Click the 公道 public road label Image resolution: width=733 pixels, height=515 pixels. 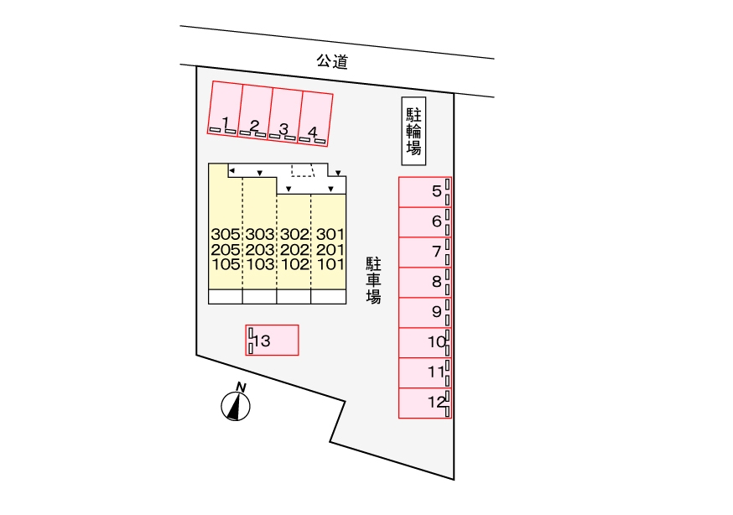coord(332,61)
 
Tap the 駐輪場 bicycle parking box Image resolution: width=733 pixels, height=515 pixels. coord(413,132)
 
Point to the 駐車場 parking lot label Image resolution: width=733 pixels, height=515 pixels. coord(373,281)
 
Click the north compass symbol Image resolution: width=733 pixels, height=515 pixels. coord(236,403)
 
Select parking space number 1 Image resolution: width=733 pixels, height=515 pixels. coord(225,107)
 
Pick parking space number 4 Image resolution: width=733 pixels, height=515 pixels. coord(315,119)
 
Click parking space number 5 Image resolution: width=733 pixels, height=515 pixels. coord(425,191)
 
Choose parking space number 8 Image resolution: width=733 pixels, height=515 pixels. coord(425,283)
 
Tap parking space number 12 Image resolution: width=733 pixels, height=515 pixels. coord(425,403)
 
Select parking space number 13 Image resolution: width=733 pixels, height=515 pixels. coord(272,341)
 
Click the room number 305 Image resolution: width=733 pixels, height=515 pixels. coord(226,234)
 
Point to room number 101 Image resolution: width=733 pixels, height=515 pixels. coord(330,264)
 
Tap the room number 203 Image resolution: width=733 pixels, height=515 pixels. coord(260,250)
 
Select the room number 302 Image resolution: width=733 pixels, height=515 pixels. coord(295,234)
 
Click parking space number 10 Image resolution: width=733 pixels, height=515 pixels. coord(425,342)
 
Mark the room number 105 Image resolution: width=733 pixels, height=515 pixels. coord(226,264)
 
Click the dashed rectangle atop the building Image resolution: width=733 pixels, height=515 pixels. coord(303,170)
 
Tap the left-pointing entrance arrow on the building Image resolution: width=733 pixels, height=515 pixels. coord(231,170)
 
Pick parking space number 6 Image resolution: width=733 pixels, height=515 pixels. coord(425,222)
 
